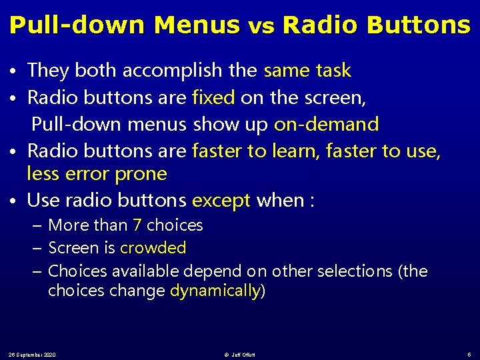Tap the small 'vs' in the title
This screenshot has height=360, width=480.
pyautogui.click(x=261, y=27)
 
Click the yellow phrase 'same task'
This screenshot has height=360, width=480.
pyautogui.click(x=307, y=71)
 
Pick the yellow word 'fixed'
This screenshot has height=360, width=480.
pyautogui.click(x=213, y=98)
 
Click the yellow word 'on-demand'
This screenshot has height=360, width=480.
pyautogui.click(x=326, y=124)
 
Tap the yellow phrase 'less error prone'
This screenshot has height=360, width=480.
pyautogui.click(x=97, y=174)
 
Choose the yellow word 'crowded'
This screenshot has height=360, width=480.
pyautogui.click(x=153, y=248)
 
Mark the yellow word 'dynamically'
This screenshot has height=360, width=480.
pyautogui.click(x=215, y=291)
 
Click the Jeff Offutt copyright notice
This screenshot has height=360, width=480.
pyautogui.click(x=241, y=354)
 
